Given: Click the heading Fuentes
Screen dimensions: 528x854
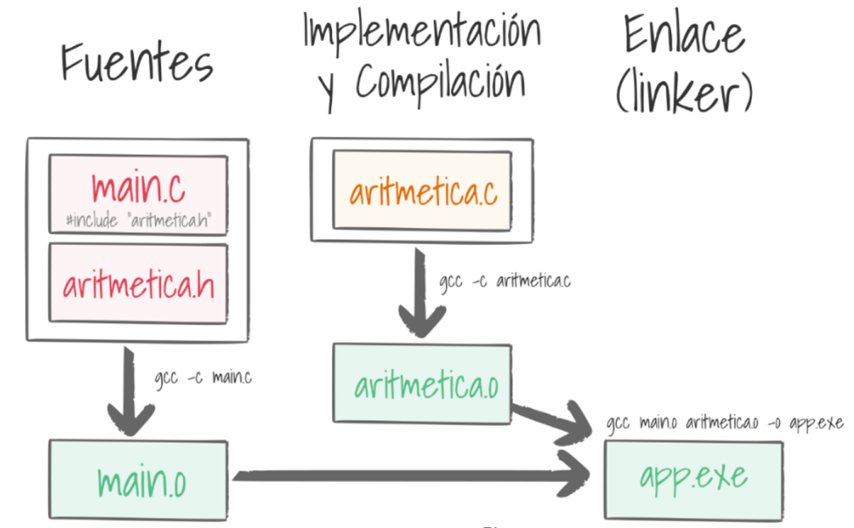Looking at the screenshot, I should (x=137, y=63).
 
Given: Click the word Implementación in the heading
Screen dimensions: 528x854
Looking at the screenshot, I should (x=421, y=32).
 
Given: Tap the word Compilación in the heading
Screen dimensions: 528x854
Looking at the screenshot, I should (x=441, y=84).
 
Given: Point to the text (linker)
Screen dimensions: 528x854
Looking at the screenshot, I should (x=684, y=91).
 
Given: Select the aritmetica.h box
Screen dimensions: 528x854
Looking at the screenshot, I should (x=138, y=284).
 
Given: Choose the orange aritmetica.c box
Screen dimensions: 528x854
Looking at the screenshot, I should (x=422, y=193).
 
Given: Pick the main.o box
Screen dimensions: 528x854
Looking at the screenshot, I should (x=138, y=481).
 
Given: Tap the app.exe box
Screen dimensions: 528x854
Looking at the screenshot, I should (x=693, y=477).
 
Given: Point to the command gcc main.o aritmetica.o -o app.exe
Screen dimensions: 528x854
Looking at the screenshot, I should (x=725, y=424).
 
